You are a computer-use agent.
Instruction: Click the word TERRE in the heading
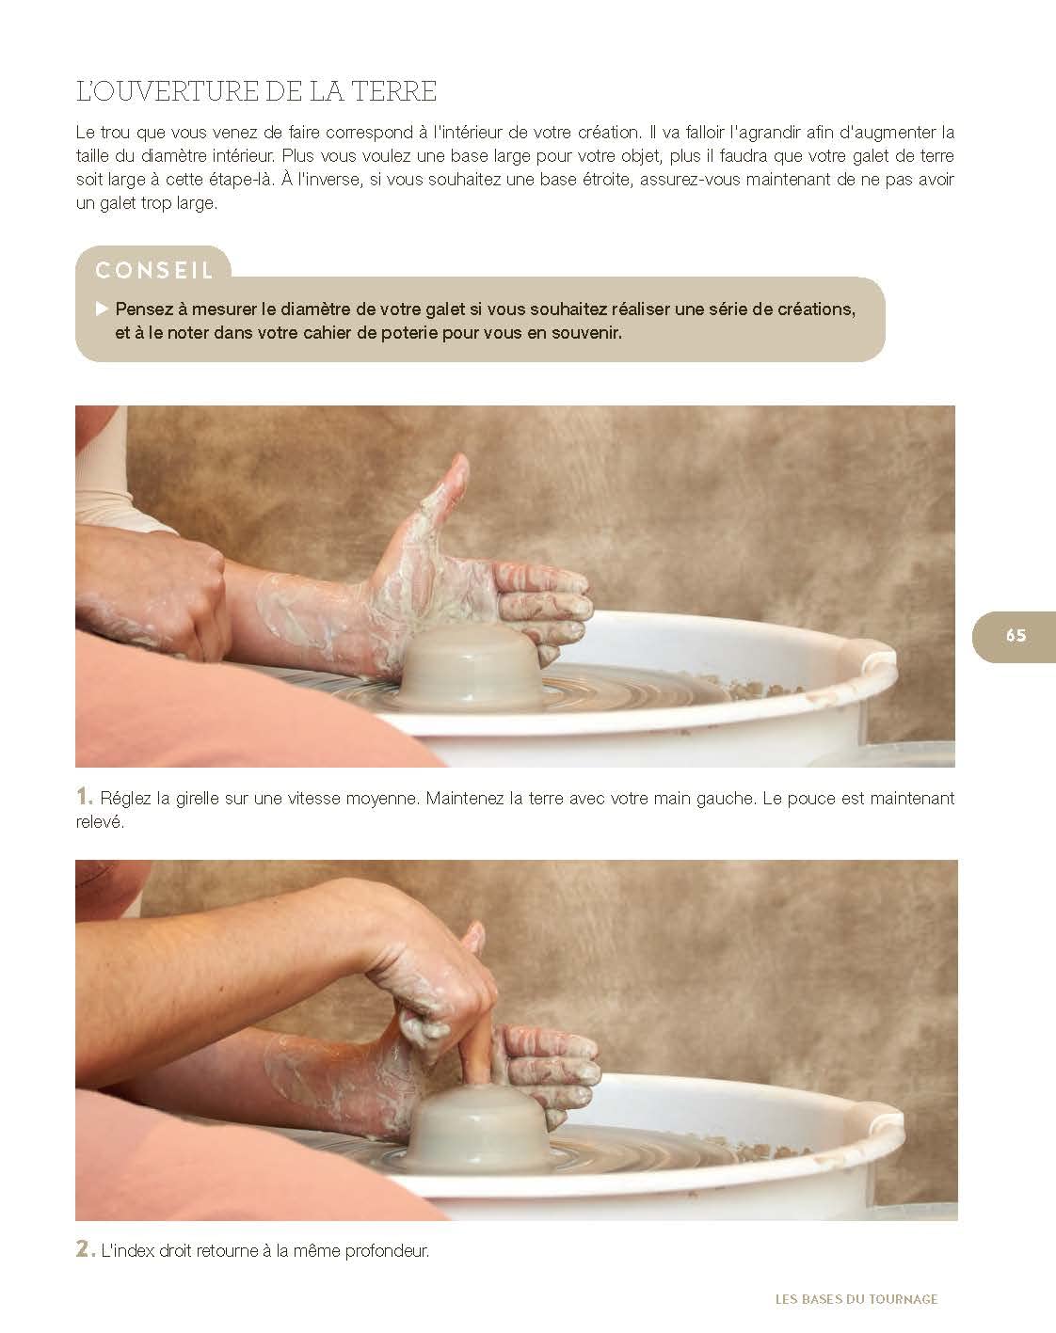pos(394,91)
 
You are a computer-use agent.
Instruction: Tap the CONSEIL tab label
pos(154,270)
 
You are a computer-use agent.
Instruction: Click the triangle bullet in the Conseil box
pos(102,309)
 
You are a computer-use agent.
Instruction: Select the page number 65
pos(1016,635)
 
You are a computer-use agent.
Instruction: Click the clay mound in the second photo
pos(476,1123)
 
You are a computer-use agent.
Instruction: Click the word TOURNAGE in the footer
pos(903,1298)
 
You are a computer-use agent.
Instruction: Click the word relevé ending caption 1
pos(100,822)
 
